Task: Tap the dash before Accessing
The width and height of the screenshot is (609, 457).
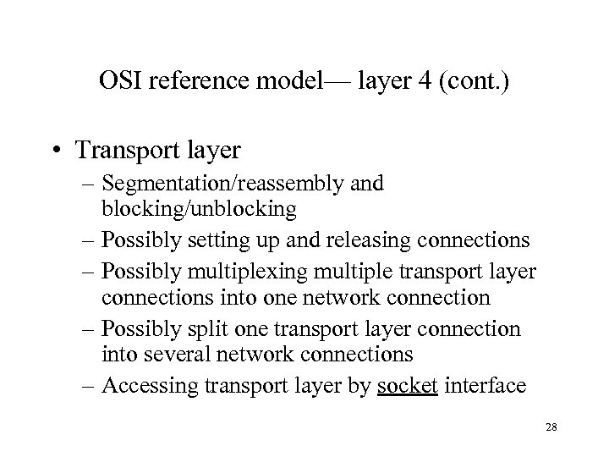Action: pyautogui.click(x=90, y=385)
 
